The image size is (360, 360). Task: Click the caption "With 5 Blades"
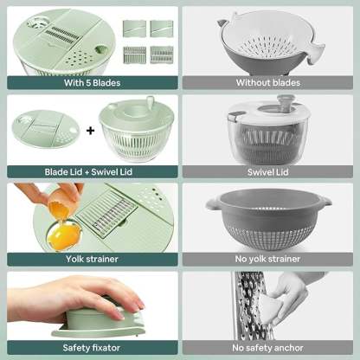coord(90,83)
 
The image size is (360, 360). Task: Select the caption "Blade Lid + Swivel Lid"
coord(90,171)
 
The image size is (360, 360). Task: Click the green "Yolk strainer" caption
coord(90,257)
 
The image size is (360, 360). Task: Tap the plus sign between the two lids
coord(89,132)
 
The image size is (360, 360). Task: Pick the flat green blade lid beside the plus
coord(45,132)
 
